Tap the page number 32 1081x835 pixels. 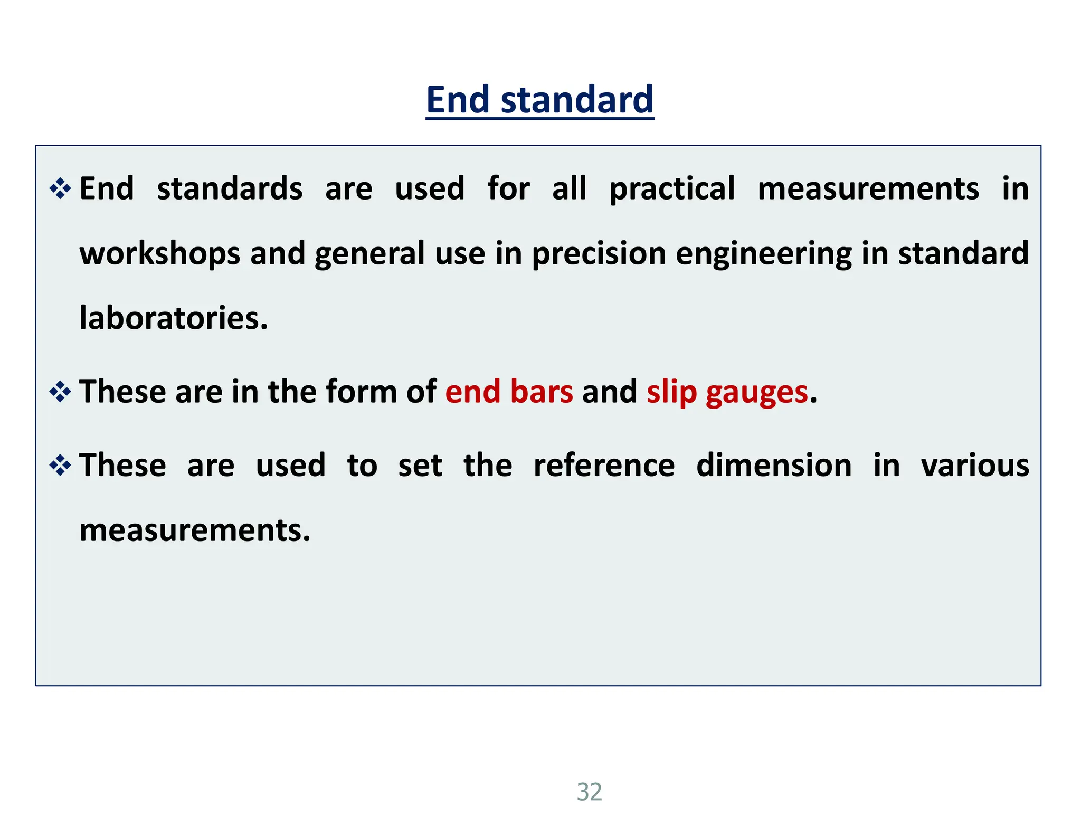tap(589, 792)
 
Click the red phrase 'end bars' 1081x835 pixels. tap(509, 392)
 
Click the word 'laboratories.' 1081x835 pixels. tap(174, 318)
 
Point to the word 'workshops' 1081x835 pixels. tap(160, 254)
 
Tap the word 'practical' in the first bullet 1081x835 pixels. tap(672, 189)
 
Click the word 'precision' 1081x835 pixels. tap(599, 254)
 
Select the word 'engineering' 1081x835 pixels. tap(763, 254)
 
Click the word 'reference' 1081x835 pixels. tap(604, 466)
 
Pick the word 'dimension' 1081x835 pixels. tap(774, 466)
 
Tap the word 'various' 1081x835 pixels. tap(975, 466)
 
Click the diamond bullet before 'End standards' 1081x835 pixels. tap(60, 188)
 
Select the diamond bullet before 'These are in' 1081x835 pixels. tap(60, 392)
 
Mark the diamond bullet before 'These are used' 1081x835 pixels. tap(60, 466)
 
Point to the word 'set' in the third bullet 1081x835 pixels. tap(420, 466)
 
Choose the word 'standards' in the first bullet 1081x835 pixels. tap(230, 189)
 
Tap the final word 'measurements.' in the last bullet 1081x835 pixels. tap(195, 530)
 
